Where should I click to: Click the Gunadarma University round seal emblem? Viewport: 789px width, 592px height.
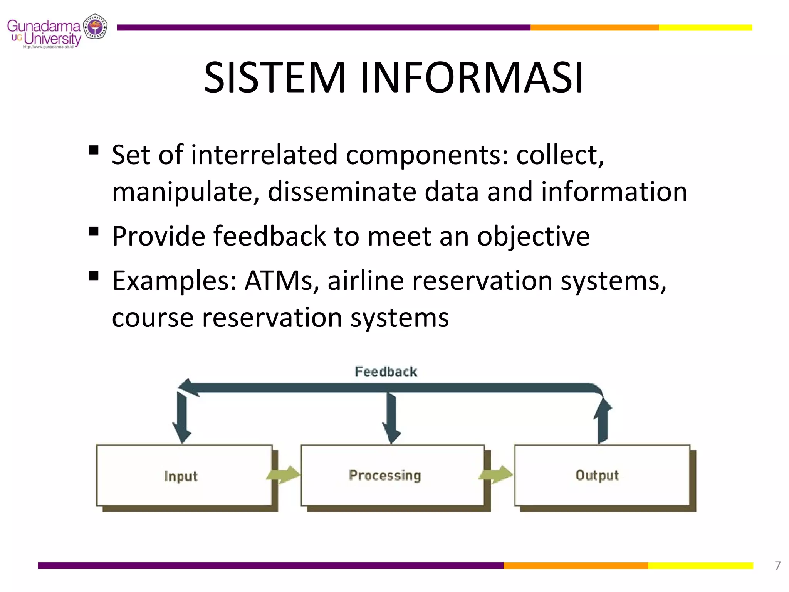tap(95, 27)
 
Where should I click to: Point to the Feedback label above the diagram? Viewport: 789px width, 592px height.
tap(386, 372)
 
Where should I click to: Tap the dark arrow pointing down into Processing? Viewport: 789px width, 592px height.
tap(391, 418)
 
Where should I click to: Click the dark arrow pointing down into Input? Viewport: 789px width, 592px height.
tap(181, 418)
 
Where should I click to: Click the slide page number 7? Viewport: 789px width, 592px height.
tap(777, 565)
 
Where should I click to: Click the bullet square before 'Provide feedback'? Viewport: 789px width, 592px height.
tap(94, 232)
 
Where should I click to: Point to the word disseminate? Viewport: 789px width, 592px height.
tap(342, 192)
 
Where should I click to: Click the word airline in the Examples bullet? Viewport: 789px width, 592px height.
tap(366, 281)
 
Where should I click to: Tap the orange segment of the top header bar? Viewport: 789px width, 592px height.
tap(594, 27)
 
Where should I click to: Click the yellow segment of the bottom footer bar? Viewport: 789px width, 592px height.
tap(700, 565)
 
